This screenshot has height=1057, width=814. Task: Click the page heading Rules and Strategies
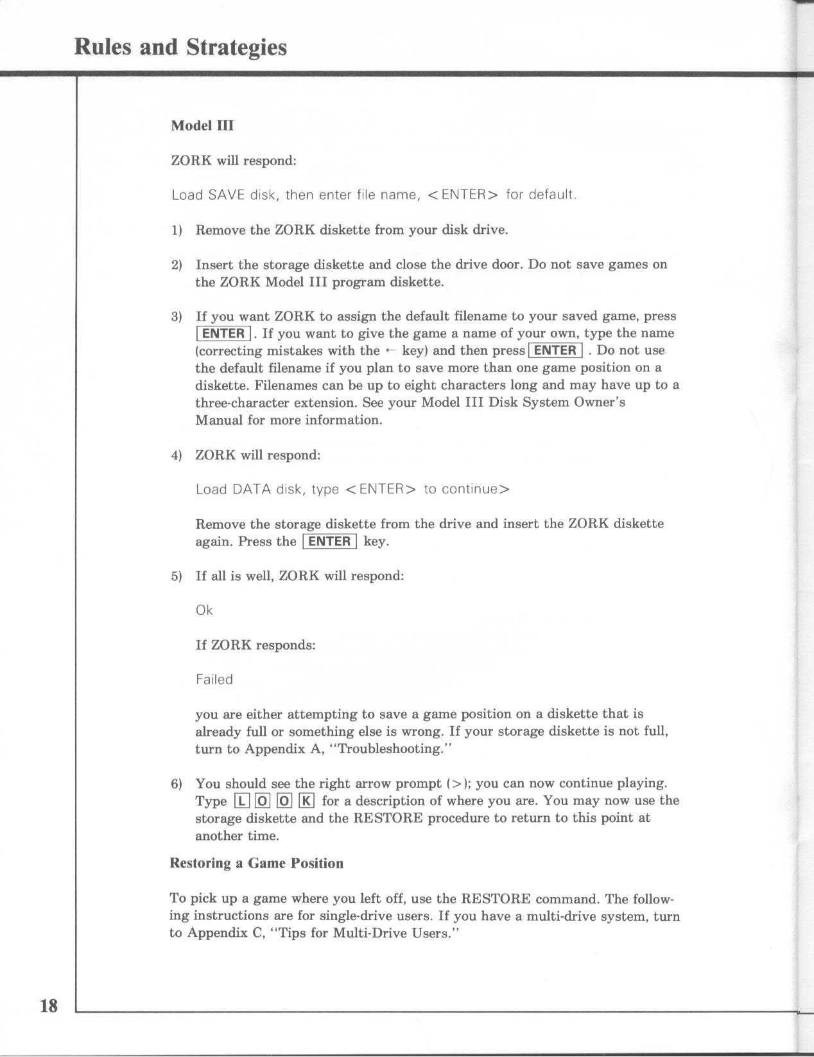180,48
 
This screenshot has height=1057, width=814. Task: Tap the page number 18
49,1006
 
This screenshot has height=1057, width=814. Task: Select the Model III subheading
202,125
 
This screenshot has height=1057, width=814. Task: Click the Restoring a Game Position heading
256,863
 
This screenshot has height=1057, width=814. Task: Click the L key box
241,801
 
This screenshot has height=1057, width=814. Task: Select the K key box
306,801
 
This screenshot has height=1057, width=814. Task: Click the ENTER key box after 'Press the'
329,541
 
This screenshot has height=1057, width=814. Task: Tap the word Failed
214,679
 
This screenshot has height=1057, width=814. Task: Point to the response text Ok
204,610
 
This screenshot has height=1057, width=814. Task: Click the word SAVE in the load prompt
227,195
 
